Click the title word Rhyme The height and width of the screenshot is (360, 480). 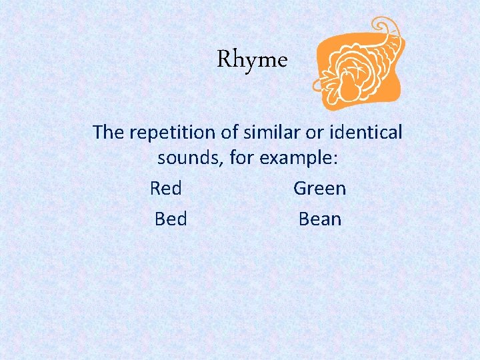coord(252,61)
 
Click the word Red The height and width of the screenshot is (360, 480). coord(166,189)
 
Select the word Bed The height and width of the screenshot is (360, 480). coord(171,219)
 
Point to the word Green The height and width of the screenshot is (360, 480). coord(320,189)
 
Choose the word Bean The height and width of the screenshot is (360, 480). coord(320,219)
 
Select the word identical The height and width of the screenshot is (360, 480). coord(367,132)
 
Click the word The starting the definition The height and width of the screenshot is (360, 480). coord(108,132)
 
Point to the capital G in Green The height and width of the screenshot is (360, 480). coord(300,189)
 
